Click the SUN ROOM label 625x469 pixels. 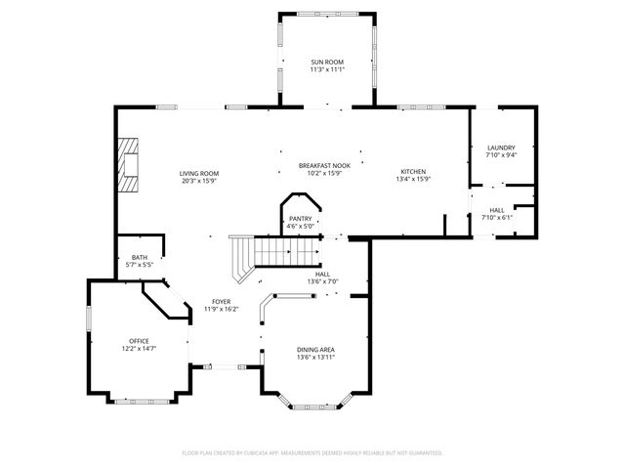click(327, 62)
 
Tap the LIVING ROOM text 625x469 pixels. click(198, 173)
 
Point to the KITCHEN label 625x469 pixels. click(413, 172)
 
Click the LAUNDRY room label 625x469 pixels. click(501, 148)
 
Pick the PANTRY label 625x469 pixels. click(299, 219)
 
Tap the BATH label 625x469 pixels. click(140, 257)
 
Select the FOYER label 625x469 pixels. click(222, 302)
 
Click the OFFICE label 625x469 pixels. click(139, 340)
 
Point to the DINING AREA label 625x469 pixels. click(316, 349)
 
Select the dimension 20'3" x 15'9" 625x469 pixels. click(198, 181)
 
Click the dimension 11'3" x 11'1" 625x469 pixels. click(327, 69)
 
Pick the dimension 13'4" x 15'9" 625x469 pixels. click(413, 180)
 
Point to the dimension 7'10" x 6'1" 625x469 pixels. click(497, 217)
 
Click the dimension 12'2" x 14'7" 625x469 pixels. click(139, 348)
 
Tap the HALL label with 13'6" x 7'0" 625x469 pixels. click(322, 275)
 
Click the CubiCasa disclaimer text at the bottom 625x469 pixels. click(312, 452)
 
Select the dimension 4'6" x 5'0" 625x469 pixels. click(299, 227)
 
